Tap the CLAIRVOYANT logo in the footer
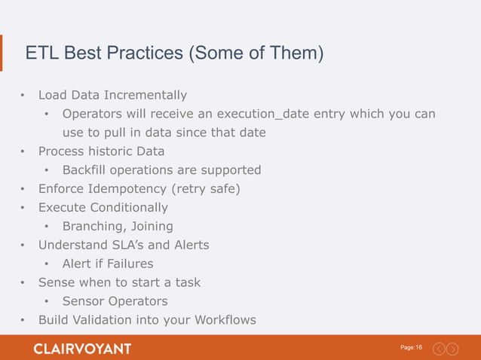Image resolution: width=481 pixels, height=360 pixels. coord(82,349)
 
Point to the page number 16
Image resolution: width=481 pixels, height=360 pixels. coord(418,347)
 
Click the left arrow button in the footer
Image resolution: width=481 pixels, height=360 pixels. coord(439,349)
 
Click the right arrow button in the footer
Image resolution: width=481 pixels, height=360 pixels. coord(452,349)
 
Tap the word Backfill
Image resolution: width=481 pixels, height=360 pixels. coord(86,169)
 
